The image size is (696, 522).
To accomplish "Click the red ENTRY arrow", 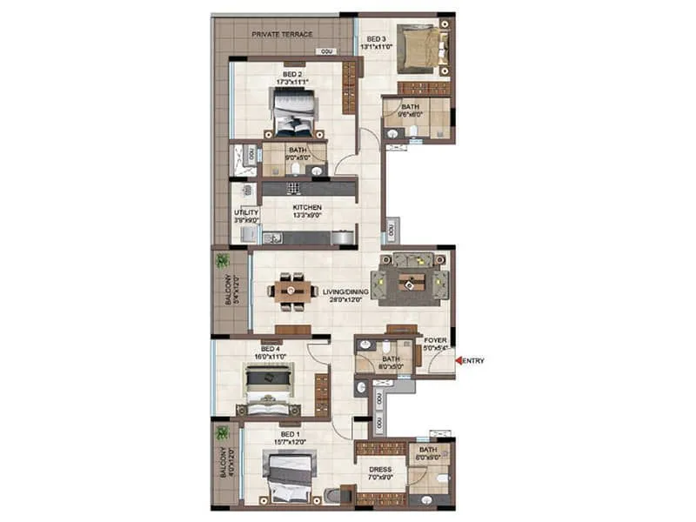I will [458, 360].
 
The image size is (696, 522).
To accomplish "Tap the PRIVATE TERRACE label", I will [282, 34].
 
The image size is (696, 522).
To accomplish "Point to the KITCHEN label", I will [307, 208].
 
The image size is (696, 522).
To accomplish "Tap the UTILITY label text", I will [243, 212].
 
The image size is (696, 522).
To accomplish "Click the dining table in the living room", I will [293, 291].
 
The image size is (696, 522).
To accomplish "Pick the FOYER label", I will [435, 341].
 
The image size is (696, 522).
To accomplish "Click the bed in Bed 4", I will [269, 389].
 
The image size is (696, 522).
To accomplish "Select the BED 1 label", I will [290, 433].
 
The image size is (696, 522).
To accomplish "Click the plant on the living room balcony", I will [224, 260].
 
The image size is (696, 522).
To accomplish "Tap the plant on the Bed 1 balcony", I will [224, 432].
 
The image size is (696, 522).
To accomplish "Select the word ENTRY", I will [473, 360].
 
